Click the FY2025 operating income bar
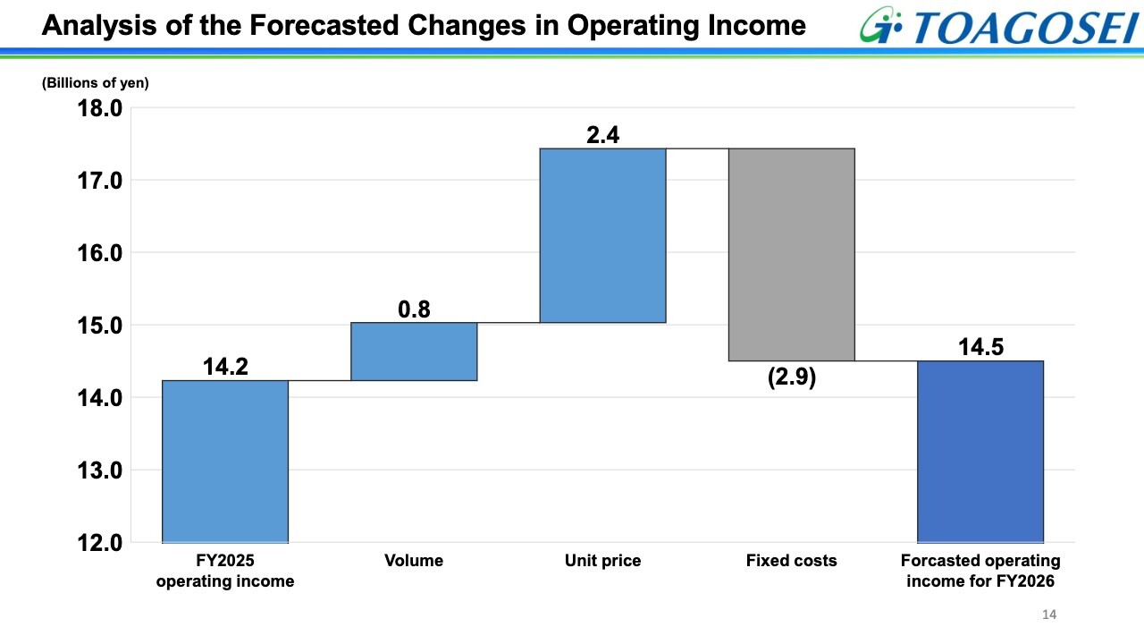(225, 461)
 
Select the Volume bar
(414, 352)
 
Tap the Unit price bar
(602, 235)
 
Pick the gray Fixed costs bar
(792, 254)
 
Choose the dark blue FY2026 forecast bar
(980, 451)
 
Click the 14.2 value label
(225, 367)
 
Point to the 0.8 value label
(414, 309)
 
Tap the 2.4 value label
(602, 135)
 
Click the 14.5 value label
(980, 347)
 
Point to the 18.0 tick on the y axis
(100, 108)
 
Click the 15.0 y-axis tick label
(100, 326)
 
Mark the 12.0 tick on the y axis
(100, 543)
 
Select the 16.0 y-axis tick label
(100, 253)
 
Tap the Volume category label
(414, 561)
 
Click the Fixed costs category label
(792, 561)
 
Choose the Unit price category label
(602, 561)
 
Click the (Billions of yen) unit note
(96, 83)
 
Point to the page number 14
(1049, 614)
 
